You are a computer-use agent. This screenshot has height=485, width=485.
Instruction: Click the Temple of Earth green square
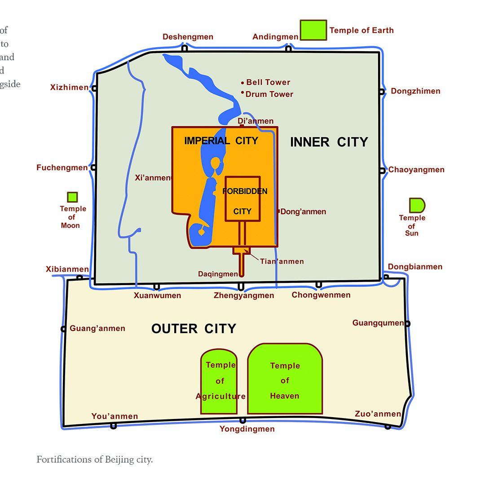click(313, 30)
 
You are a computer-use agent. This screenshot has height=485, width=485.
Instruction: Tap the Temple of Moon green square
click(72, 197)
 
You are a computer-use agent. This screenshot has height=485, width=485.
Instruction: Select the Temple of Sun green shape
click(416, 205)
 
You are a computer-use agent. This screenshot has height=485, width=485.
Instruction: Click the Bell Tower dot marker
click(242, 83)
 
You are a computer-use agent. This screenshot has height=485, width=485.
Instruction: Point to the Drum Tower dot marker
click(242, 93)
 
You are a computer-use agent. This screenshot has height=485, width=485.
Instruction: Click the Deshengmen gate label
click(188, 37)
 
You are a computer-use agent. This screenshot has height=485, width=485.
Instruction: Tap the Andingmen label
click(275, 37)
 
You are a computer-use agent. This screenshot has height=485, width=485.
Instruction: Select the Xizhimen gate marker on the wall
click(94, 88)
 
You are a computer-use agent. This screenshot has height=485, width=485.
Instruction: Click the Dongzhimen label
click(415, 91)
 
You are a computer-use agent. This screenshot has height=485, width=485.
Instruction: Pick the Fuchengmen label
click(62, 168)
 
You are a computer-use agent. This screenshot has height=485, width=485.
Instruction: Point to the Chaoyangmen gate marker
click(382, 171)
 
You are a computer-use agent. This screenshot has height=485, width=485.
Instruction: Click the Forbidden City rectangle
click(242, 199)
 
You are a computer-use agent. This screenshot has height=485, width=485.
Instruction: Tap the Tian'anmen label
click(282, 261)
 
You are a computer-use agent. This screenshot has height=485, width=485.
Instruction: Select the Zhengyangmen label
click(243, 295)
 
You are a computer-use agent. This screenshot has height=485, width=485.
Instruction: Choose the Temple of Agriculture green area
click(219, 382)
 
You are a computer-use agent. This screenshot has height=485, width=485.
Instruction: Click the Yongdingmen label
click(247, 429)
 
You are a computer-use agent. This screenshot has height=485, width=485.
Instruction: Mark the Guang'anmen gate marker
click(63, 329)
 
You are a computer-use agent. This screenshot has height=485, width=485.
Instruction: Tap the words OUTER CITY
click(194, 329)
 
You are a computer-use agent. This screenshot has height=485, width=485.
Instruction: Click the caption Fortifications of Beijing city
click(95, 459)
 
